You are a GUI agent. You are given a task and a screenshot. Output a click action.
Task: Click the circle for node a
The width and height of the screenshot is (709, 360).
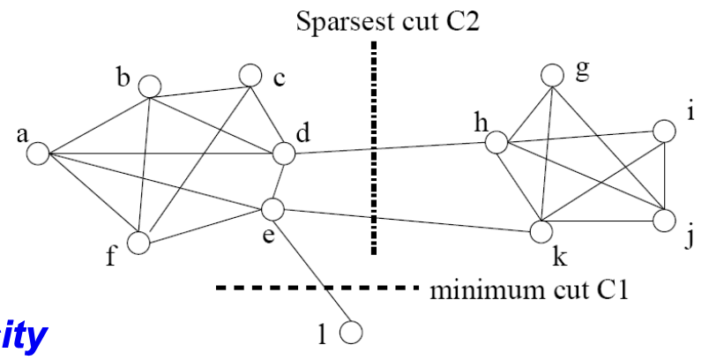(x=37, y=154)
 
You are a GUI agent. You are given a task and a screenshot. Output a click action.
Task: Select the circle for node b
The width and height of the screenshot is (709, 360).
(x=149, y=86)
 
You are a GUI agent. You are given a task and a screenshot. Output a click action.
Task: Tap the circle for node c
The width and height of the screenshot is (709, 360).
(x=250, y=76)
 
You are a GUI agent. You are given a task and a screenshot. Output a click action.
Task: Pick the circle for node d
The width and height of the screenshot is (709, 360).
(x=283, y=153)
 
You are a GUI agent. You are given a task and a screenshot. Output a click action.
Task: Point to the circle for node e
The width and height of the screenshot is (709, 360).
(x=272, y=209)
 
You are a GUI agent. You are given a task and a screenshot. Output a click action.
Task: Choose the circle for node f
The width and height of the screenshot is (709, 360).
(x=138, y=242)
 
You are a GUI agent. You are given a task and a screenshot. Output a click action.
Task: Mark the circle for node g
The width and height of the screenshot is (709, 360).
(x=552, y=75)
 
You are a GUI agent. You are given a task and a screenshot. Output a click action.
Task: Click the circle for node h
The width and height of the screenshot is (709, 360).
(x=496, y=142)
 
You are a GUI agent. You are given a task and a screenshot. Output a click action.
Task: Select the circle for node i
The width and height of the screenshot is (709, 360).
(x=663, y=131)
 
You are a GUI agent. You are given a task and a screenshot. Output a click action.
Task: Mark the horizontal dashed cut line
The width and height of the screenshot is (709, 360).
(x=317, y=288)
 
